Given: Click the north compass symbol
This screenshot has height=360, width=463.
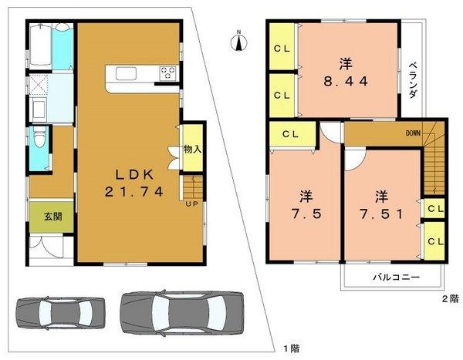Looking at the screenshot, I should click(239, 40).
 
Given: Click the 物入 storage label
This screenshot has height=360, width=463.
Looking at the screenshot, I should click(192, 150).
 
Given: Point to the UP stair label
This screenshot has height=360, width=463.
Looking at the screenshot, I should click(191, 204).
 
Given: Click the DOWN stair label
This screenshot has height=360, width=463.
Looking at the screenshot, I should click(412, 133).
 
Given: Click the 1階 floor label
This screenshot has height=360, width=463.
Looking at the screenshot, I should click(291, 349).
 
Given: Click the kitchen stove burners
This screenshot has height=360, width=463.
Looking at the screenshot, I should click(167, 74).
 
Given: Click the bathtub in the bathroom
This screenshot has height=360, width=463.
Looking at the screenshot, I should click(41, 47).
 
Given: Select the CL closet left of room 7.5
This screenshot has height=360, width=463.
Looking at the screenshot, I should click(290, 135).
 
